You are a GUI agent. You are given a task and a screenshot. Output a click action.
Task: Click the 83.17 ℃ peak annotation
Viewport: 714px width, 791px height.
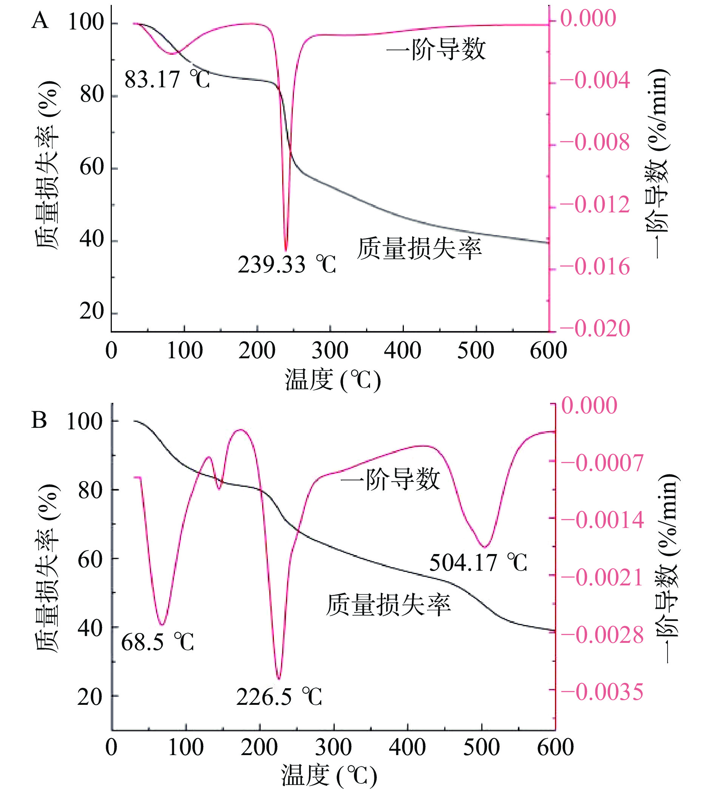click(x=167, y=80)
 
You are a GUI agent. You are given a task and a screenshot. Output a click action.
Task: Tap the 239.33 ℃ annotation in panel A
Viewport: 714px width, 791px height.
click(x=287, y=265)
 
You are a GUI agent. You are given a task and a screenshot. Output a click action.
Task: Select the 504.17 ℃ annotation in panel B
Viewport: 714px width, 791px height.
click(x=478, y=562)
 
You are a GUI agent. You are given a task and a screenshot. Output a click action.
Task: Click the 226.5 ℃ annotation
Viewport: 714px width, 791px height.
click(x=279, y=697)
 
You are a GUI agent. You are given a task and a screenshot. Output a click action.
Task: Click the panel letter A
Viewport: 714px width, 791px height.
click(x=40, y=20)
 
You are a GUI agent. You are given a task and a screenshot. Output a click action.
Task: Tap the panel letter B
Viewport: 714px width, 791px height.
click(x=39, y=420)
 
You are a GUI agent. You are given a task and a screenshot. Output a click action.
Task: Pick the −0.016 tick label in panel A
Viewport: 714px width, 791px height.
click(x=595, y=267)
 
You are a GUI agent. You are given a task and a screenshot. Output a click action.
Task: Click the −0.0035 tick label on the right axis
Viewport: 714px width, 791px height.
click(x=603, y=691)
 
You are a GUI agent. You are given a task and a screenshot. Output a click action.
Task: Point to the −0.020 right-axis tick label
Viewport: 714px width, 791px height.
click(x=595, y=328)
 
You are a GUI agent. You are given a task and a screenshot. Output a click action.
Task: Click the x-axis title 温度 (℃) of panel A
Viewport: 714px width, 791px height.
click(x=333, y=380)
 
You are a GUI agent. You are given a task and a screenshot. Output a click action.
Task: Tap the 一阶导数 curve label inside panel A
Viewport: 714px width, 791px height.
click(x=436, y=50)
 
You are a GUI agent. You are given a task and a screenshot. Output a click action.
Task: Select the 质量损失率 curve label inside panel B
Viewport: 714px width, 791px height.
click(x=388, y=605)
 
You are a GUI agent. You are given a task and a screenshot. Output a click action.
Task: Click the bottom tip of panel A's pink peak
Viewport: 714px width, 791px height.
click(x=286, y=250)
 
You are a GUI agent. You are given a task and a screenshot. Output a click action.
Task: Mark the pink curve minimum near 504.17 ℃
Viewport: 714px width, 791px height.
click(x=485, y=547)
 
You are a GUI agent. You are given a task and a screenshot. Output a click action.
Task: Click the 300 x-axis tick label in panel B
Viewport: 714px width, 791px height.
click(x=334, y=748)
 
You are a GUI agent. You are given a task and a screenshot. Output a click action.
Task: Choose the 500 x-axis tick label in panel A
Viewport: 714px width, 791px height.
click(x=476, y=350)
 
